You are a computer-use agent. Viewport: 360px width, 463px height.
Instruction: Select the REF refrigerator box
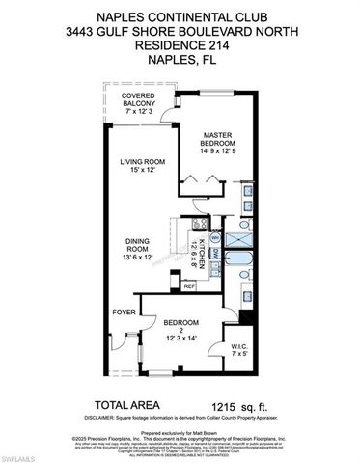pyautogui.click(x=189, y=286)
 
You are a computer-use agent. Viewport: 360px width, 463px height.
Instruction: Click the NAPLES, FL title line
pyautogui.click(x=180, y=61)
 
